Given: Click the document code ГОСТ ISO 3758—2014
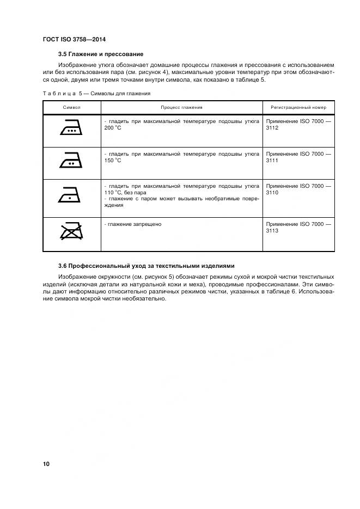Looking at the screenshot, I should [x=74, y=40].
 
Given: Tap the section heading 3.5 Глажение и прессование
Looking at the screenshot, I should [x=101, y=54].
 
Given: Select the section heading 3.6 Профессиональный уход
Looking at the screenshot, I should [x=146, y=266].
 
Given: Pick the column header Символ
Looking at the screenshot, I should [x=71, y=107].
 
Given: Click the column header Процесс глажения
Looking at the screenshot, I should [x=181, y=107].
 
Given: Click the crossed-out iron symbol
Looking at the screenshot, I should [x=71, y=231].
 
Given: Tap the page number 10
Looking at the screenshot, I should [x=46, y=464].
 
